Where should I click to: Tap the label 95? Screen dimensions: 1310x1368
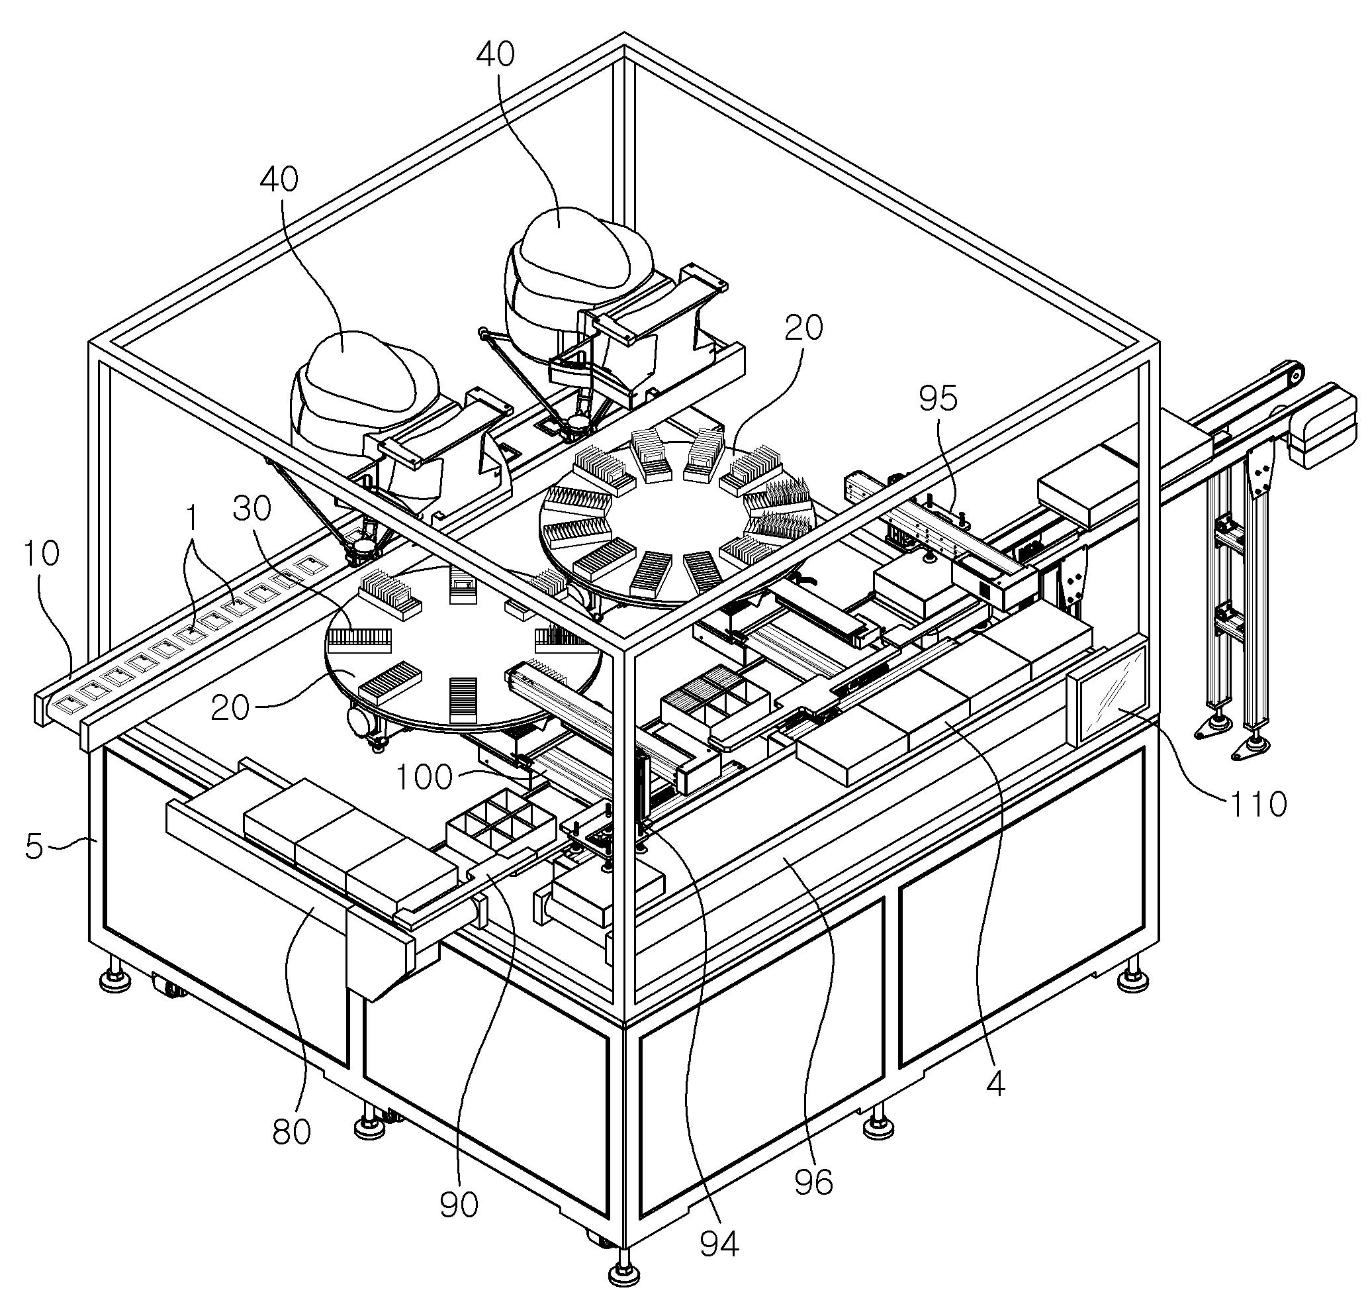(937, 399)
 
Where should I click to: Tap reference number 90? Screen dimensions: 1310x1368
(459, 1205)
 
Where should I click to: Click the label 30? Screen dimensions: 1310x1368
(252, 509)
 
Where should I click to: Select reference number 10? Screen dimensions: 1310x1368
(42, 554)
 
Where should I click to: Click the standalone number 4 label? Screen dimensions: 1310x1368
(995, 1083)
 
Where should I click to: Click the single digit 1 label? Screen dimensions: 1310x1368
(193, 519)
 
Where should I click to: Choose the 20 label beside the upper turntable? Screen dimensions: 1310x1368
(803, 327)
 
